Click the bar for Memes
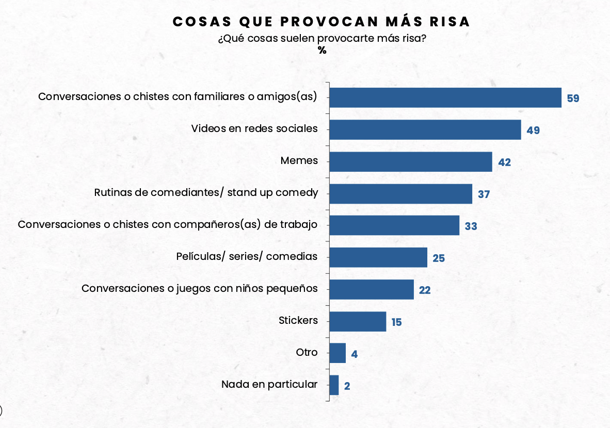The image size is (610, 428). pos(410,161)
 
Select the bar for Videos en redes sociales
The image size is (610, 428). pos(425,129)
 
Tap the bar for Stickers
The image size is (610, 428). pos(357,321)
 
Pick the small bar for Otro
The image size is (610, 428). pos(337,353)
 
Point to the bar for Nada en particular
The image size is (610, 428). pos(334,385)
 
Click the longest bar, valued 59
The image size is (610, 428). pos(445,97)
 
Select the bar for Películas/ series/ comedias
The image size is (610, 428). pos(378,257)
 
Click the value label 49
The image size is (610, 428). pos(533,130)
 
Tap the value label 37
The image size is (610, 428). pos(484,194)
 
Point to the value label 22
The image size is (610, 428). pos(425,290)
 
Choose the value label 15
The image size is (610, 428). pos(396,322)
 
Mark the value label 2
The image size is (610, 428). pos(347,386)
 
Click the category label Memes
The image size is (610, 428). pos(299,161)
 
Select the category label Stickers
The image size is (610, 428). pos(298,320)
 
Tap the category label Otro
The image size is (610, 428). pos(307,353)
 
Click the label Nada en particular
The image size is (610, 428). pos(269,384)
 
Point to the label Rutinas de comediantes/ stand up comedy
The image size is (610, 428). pos(206,193)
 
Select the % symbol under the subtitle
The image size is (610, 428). pos(322,51)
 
